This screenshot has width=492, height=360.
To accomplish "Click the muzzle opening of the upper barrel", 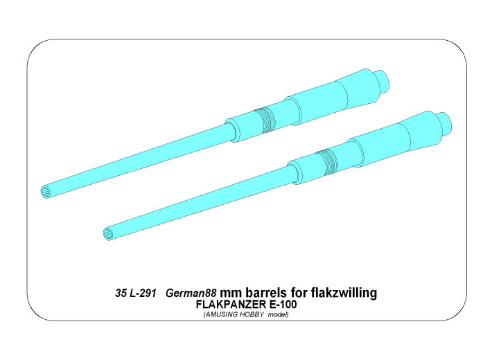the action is click(x=46, y=191).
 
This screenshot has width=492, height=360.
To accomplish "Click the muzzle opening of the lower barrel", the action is click(x=107, y=234).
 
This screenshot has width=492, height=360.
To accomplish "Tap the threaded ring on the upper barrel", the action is click(x=265, y=120).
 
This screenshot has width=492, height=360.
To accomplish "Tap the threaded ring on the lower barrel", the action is click(x=327, y=162).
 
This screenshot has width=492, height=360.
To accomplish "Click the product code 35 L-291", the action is click(x=136, y=294).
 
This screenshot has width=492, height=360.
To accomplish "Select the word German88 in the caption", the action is click(x=191, y=294).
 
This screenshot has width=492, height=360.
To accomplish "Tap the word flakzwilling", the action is click(x=344, y=294).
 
